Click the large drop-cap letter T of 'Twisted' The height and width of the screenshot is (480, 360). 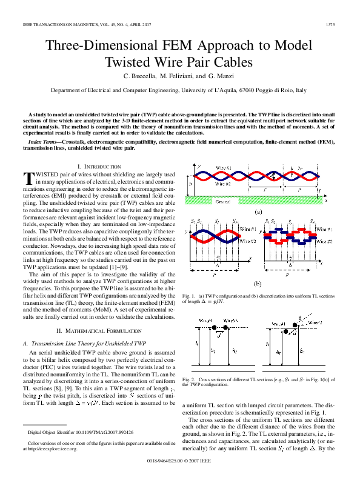coord(27,178)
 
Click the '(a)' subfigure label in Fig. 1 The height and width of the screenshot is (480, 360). coord(258,213)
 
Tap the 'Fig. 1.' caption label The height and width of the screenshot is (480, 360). coord(188,295)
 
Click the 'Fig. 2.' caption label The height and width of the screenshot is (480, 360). coord(188,379)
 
